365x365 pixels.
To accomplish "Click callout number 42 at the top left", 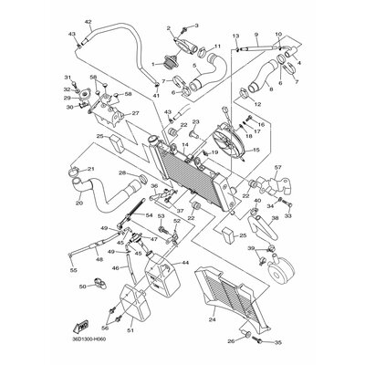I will [88, 20].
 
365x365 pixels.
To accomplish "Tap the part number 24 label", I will [212, 320].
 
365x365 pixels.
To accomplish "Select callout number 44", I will [185, 263].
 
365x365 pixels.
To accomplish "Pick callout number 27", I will [136, 114].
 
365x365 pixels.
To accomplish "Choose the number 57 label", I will [277, 169].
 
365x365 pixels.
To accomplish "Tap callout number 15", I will [255, 149].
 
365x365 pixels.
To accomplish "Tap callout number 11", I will [216, 47].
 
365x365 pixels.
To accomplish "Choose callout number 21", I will [90, 170].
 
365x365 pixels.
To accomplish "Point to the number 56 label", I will [106, 327].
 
